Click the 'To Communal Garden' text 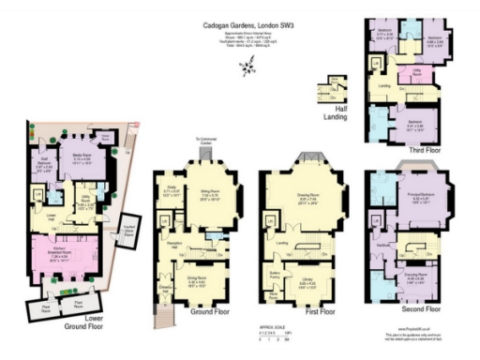coord(206,142)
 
